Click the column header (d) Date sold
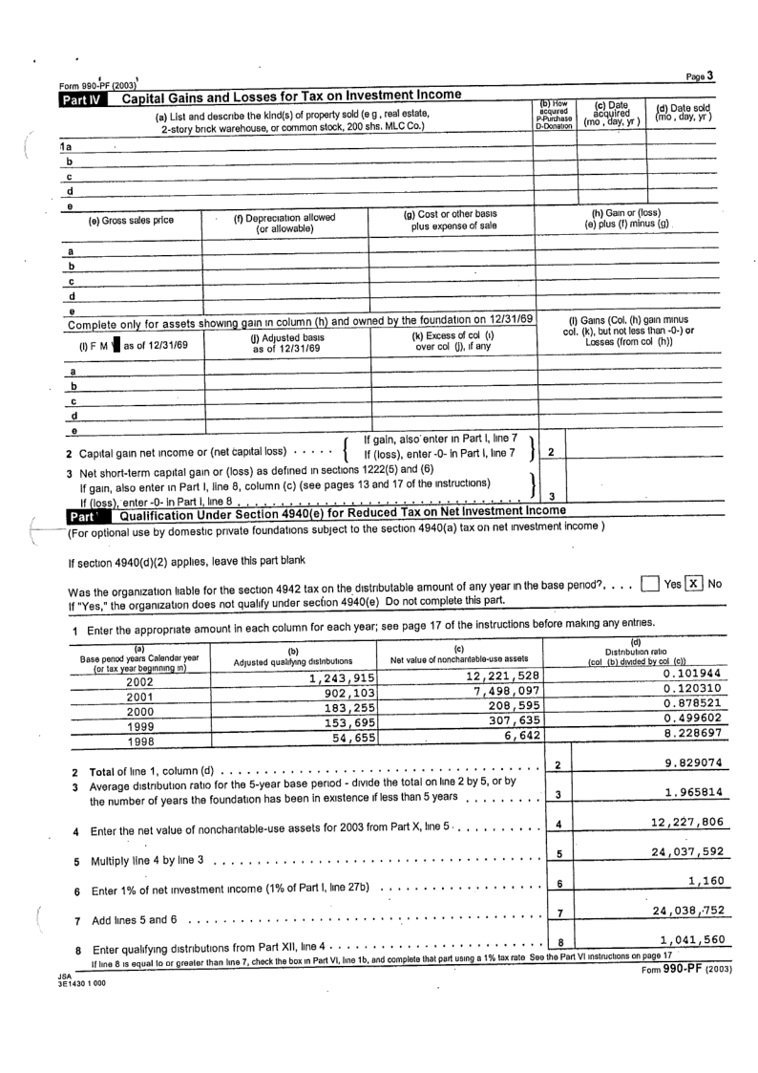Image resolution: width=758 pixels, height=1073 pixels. (682, 116)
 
